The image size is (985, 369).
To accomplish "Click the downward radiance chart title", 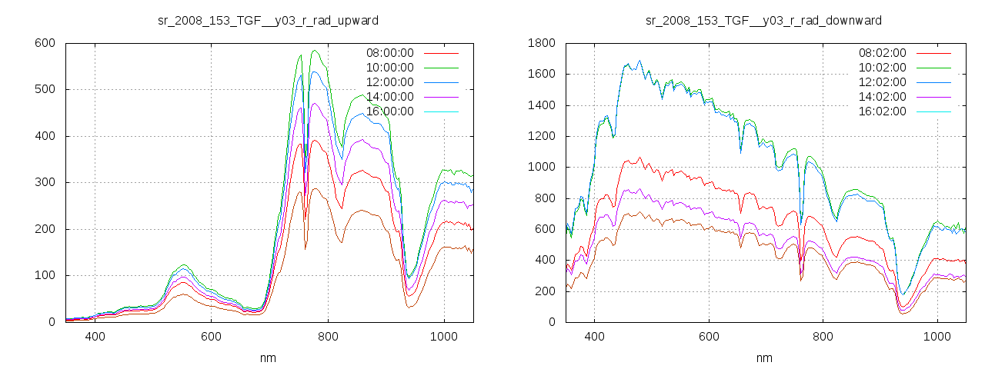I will click(763, 20).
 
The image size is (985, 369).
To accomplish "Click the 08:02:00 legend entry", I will click(882, 53).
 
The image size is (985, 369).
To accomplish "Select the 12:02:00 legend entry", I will click(882, 82).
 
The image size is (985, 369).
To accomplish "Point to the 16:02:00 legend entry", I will click(882, 111).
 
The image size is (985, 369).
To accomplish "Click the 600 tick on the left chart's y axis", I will click(44, 43).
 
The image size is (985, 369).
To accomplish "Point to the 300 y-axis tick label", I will click(44, 183).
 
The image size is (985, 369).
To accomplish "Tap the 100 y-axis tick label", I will click(44, 276).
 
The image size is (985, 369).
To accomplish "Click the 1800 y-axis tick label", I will click(540, 43).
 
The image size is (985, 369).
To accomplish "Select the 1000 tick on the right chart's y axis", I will click(540, 168).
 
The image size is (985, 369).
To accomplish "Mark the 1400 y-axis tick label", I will click(540, 105).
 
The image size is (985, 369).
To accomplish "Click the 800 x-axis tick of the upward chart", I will click(328, 337).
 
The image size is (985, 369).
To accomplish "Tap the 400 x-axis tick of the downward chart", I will click(594, 337).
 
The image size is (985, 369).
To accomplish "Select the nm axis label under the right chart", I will click(763, 358).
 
